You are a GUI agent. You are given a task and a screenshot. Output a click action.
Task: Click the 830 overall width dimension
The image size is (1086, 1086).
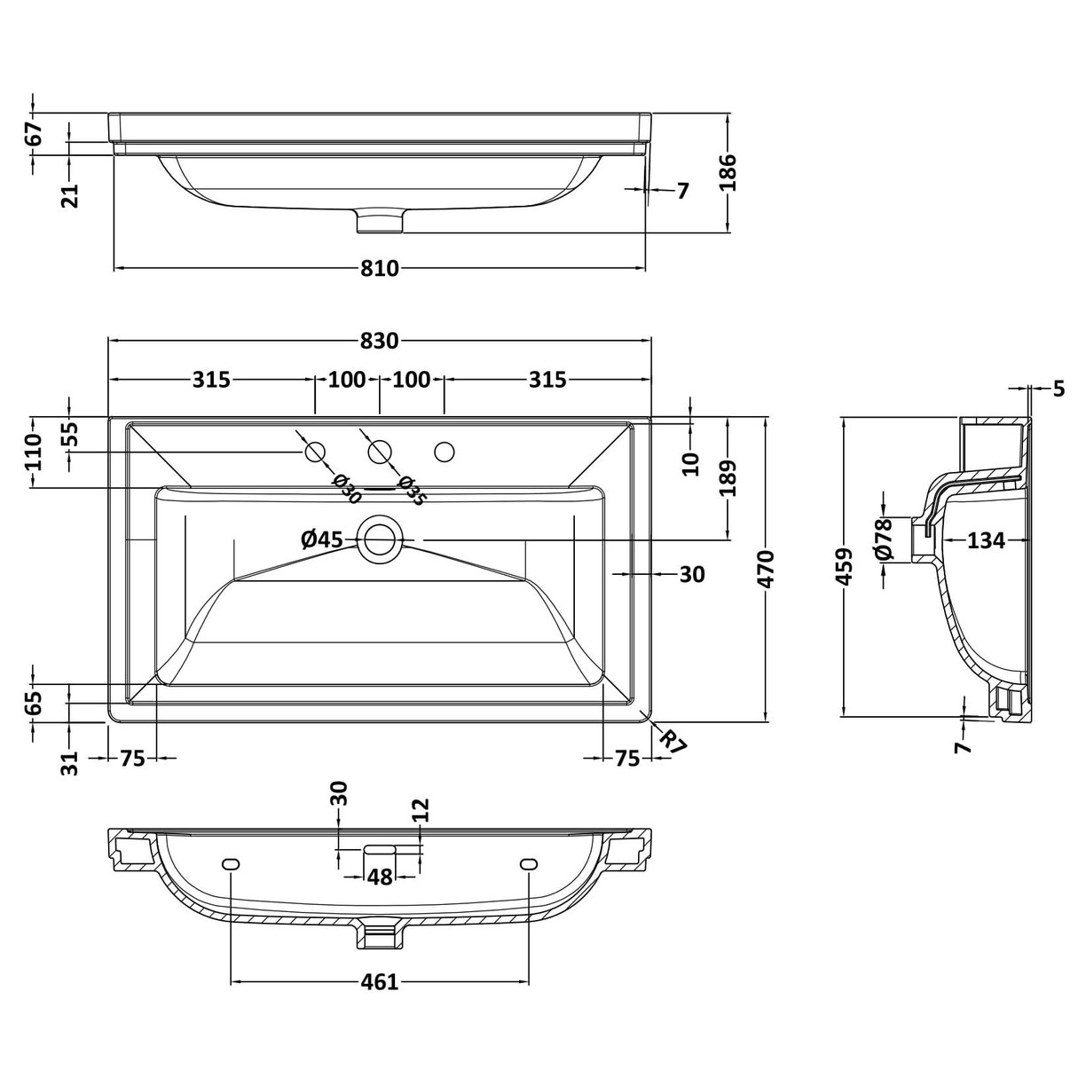[380, 340]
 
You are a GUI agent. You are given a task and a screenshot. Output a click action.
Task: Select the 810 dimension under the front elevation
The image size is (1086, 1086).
[380, 268]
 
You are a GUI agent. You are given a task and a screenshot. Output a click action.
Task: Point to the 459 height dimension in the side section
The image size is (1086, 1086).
[845, 566]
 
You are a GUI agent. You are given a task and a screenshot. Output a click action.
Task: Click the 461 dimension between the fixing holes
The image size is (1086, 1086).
[379, 982]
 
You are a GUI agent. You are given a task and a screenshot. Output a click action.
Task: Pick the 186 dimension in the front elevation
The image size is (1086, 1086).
[728, 172]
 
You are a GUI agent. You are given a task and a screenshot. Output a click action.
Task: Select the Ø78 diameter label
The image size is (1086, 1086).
[883, 539]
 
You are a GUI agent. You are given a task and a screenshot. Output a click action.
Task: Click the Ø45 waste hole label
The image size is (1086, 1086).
[322, 539]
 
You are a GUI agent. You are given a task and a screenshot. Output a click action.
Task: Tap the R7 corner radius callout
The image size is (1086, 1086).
[674, 740]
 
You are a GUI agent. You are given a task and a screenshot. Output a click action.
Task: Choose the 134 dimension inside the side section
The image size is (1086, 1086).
[986, 539]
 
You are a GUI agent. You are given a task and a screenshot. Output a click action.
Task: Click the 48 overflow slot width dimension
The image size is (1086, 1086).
[380, 877]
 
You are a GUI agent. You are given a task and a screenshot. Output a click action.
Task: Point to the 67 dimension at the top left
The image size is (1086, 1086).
[34, 134]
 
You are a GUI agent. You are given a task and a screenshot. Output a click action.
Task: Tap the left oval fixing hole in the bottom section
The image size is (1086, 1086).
[231, 863]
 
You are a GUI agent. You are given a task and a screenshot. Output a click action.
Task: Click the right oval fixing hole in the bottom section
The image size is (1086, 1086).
[529, 863]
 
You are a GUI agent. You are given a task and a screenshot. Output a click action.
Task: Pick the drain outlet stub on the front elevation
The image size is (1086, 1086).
[379, 221]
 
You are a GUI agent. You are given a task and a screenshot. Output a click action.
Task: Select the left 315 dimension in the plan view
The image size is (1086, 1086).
[211, 380]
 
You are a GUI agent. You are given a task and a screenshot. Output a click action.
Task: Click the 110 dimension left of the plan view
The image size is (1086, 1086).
[34, 452]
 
